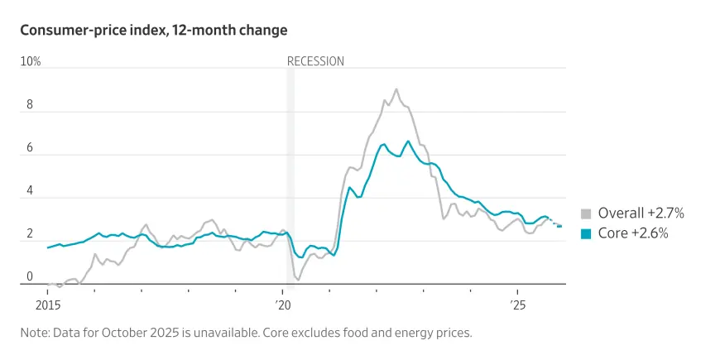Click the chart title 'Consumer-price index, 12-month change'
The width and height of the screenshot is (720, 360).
pyautogui.click(x=154, y=31)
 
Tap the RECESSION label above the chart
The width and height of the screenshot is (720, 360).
pyautogui.click(x=315, y=61)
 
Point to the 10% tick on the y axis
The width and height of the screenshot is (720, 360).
pyautogui.click(x=31, y=61)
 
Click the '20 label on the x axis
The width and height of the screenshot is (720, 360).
pyautogui.click(x=284, y=305)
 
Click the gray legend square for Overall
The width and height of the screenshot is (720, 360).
pyautogui.click(x=586, y=214)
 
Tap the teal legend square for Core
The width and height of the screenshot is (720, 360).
pyautogui.click(x=586, y=234)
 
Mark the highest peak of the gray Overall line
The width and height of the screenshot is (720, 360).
pyautogui.click(x=396, y=89)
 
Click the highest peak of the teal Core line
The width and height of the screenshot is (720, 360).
pyautogui.click(x=407, y=142)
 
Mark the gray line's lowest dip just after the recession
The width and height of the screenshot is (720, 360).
pyautogui.click(x=298, y=280)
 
